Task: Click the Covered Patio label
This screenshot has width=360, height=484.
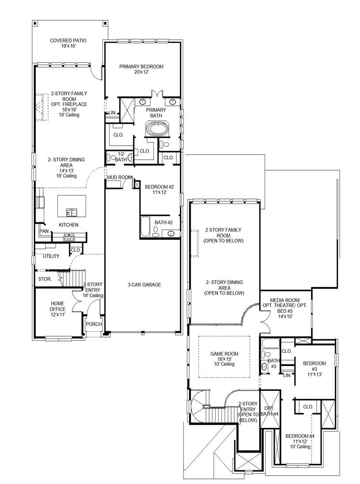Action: click(68, 43)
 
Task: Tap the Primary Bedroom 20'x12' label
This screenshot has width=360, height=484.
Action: click(141, 69)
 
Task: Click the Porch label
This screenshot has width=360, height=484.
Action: click(94, 324)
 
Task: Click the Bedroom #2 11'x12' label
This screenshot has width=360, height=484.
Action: click(159, 190)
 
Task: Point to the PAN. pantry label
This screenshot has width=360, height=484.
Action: click(44, 231)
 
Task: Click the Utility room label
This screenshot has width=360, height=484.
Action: click(51, 256)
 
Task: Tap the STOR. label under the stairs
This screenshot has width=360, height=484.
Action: click(45, 279)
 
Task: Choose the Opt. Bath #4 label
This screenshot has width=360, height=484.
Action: click(269, 411)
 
